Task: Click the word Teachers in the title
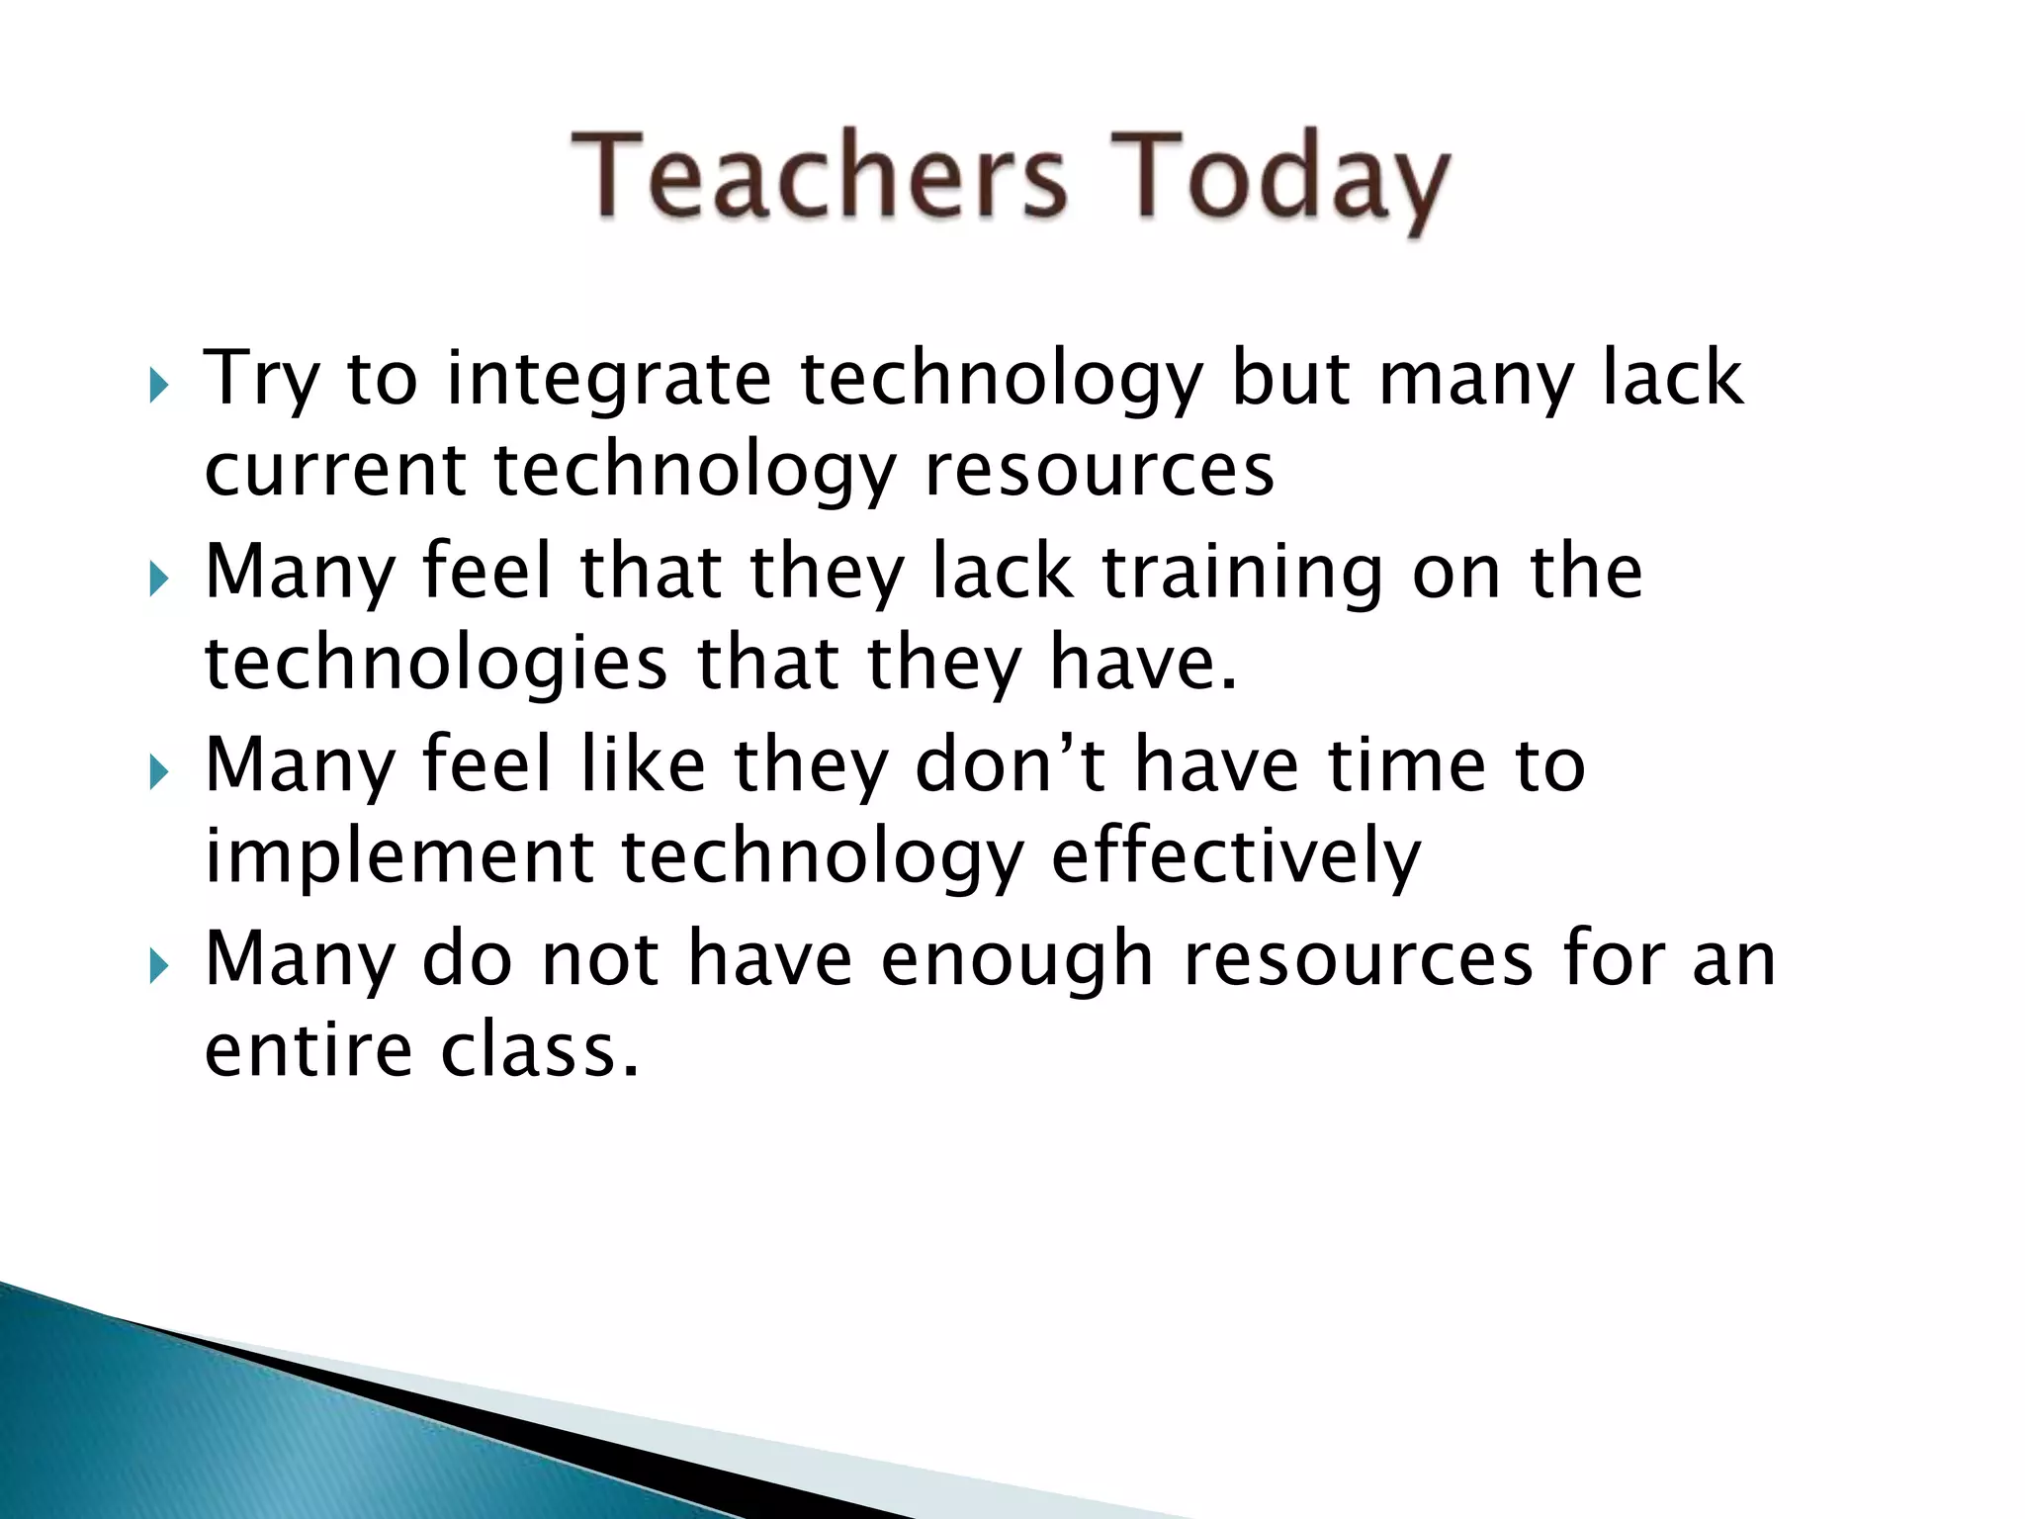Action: tap(819, 178)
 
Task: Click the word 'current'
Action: tap(334, 470)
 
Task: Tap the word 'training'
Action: tap(1241, 574)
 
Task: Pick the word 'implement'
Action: tap(397, 858)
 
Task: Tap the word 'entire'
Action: tap(308, 1050)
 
